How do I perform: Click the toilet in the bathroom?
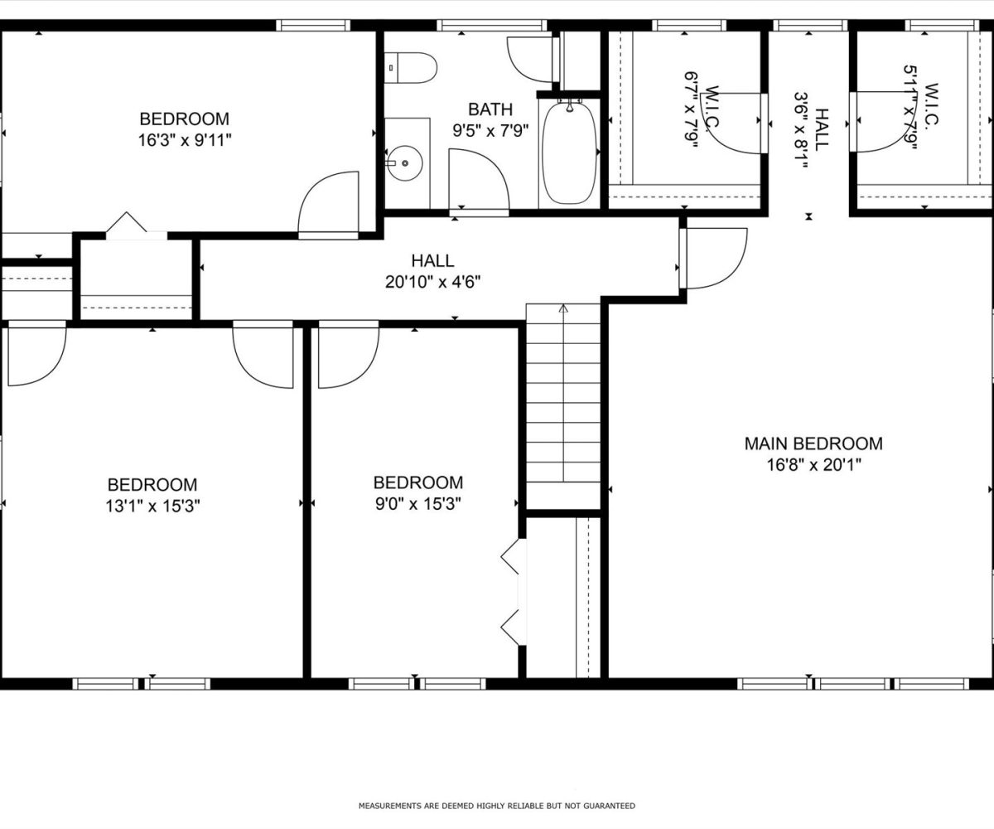pyautogui.click(x=410, y=68)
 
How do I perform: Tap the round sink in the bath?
pyautogui.click(x=404, y=163)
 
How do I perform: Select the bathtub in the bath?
pyautogui.click(x=569, y=153)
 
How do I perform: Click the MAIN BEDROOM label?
pyautogui.click(x=813, y=444)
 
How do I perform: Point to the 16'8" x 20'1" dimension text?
pyautogui.click(x=813, y=464)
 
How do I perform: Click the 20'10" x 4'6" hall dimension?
pyautogui.click(x=432, y=282)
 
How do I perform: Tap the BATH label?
pyautogui.click(x=490, y=109)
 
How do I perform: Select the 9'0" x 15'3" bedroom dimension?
pyautogui.click(x=418, y=503)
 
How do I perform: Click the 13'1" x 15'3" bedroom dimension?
pyautogui.click(x=152, y=506)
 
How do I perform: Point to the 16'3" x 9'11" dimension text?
pyautogui.click(x=185, y=140)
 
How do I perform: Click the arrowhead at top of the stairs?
pyautogui.click(x=563, y=308)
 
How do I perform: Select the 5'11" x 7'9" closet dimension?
pyautogui.click(x=910, y=108)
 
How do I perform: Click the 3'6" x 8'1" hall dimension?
pyautogui.click(x=802, y=130)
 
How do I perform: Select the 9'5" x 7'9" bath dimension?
pyautogui.click(x=490, y=130)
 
